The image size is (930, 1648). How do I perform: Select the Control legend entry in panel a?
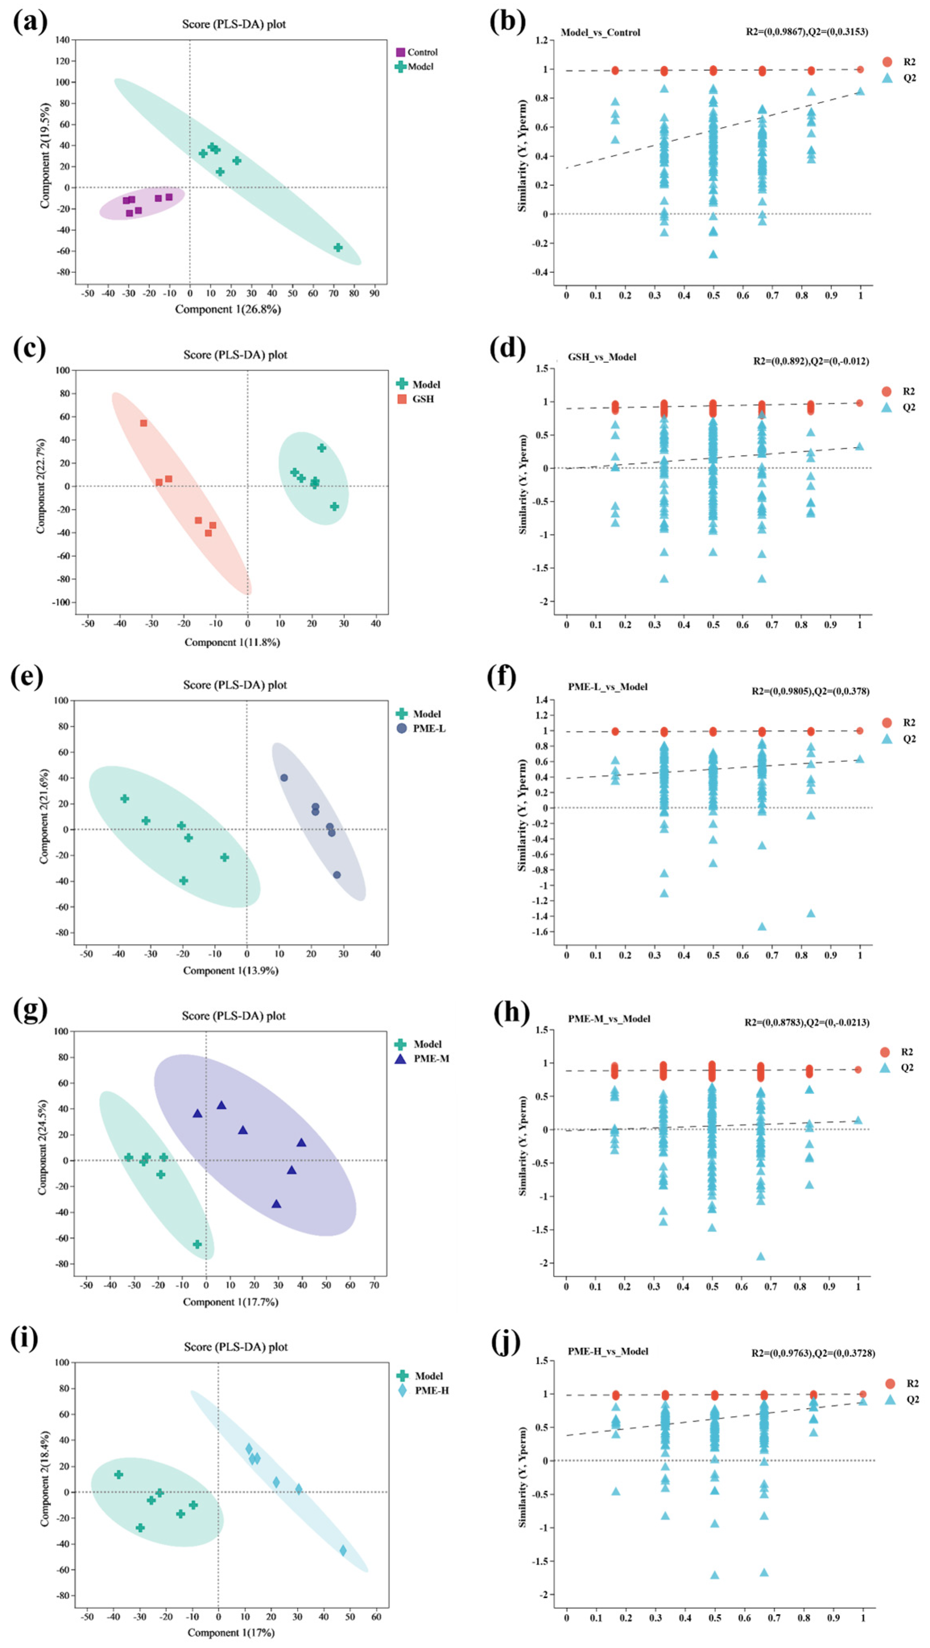click(x=417, y=52)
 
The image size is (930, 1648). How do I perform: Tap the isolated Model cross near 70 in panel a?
click(x=338, y=248)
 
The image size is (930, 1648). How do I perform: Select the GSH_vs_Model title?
click(x=602, y=357)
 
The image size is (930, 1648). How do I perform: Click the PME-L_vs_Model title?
click(x=608, y=687)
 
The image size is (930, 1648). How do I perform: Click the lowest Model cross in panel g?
click(x=197, y=1244)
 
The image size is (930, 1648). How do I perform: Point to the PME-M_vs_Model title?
click(x=609, y=1019)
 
